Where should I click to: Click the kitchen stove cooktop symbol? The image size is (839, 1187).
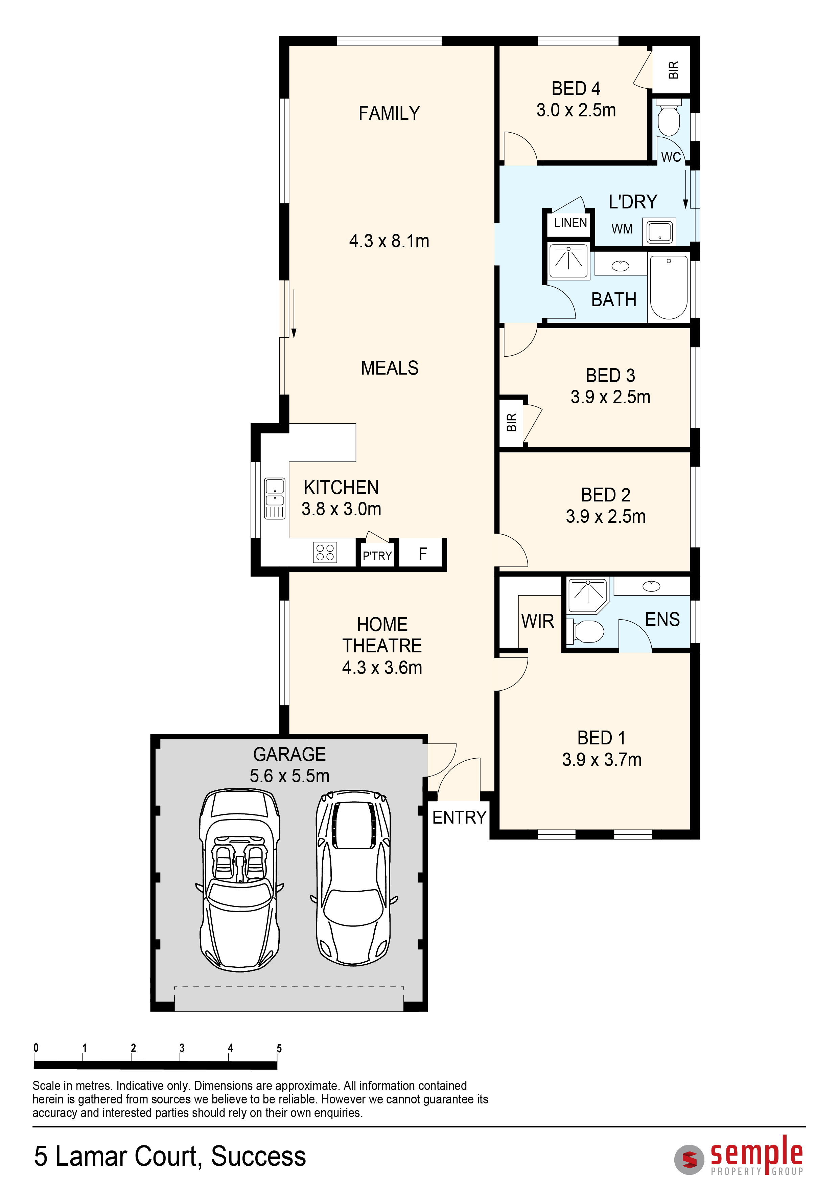325,552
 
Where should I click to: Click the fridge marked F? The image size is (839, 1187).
423,554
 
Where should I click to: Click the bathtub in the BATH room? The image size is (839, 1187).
669,287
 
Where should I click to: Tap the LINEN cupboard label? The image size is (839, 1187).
570,223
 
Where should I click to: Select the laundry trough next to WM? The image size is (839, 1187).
660,231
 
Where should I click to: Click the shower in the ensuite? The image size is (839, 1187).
588,596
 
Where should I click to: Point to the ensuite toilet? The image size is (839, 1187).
586,632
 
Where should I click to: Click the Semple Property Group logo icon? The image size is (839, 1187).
689,1160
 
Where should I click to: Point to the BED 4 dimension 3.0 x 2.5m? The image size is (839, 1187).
576,110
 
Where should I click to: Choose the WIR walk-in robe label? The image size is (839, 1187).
538,621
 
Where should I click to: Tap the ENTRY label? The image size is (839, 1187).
459,818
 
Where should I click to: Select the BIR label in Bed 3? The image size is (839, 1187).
511,422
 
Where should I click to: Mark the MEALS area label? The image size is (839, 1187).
390,368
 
